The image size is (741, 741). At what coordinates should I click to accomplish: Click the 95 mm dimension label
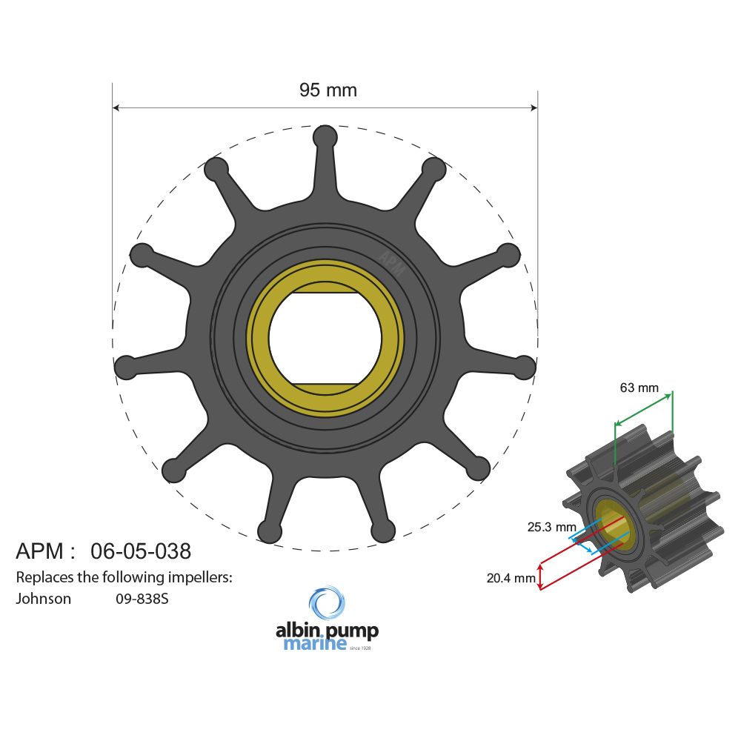(x=328, y=90)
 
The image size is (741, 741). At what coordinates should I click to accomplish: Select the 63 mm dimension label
(x=639, y=388)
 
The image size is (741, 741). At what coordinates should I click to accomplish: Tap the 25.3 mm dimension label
(x=551, y=528)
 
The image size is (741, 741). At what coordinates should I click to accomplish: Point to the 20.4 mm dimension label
(x=511, y=578)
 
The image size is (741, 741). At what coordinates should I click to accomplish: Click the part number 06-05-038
(x=141, y=551)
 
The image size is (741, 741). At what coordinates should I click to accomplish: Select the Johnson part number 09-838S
(x=142, y=599)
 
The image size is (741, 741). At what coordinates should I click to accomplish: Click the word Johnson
(x=44, y=599)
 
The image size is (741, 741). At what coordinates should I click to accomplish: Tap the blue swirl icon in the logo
(x=327, y=604)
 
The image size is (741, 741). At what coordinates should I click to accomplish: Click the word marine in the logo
(x=315, y=644)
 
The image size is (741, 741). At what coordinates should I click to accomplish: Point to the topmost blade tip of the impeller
(x=325, y=137)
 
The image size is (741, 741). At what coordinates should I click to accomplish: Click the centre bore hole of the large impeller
(x=325, y=338)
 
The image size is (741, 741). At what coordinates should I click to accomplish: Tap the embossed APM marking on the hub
(x=392, y=262)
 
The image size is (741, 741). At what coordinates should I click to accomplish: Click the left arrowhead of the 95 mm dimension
(x=116, y=108)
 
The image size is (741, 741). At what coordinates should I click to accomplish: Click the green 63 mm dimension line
(x=643, y=409)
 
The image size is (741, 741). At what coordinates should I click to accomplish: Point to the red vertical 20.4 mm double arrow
(x=540, y=576)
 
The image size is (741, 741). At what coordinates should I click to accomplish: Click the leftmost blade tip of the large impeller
(x=125, y=366)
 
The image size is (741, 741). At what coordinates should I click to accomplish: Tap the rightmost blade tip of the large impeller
(x=525, y=366)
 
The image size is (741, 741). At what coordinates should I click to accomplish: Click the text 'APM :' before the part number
(x=45, y=551)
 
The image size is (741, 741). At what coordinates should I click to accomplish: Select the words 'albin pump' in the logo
(x=327, y=631)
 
